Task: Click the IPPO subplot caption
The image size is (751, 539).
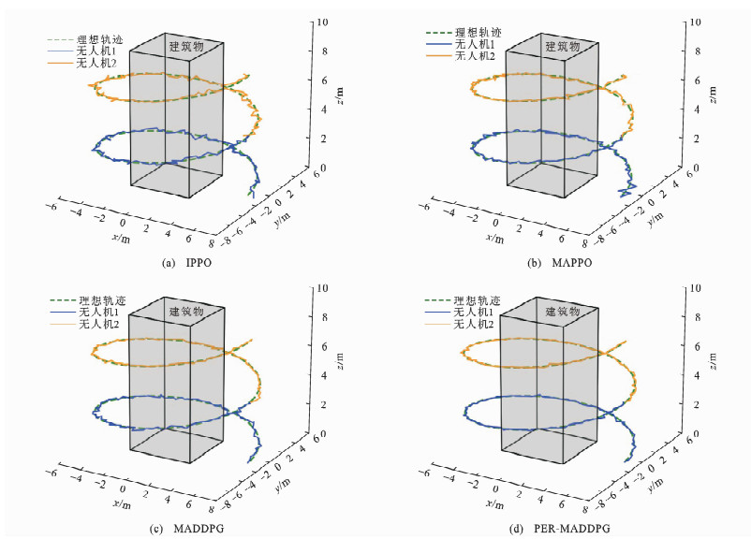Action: (x=187, y=263)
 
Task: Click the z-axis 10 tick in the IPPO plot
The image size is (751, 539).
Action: (x=320, y=22)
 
